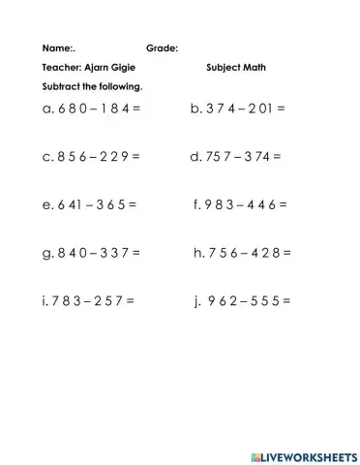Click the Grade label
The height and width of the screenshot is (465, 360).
161,47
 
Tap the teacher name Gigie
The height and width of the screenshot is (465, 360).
113,68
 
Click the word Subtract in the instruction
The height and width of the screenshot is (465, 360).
59,88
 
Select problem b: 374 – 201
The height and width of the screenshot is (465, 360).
239,108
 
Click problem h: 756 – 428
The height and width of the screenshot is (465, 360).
243,253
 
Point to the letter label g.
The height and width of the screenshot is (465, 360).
45,254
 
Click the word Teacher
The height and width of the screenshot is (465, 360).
62,68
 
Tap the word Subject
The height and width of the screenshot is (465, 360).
222,68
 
